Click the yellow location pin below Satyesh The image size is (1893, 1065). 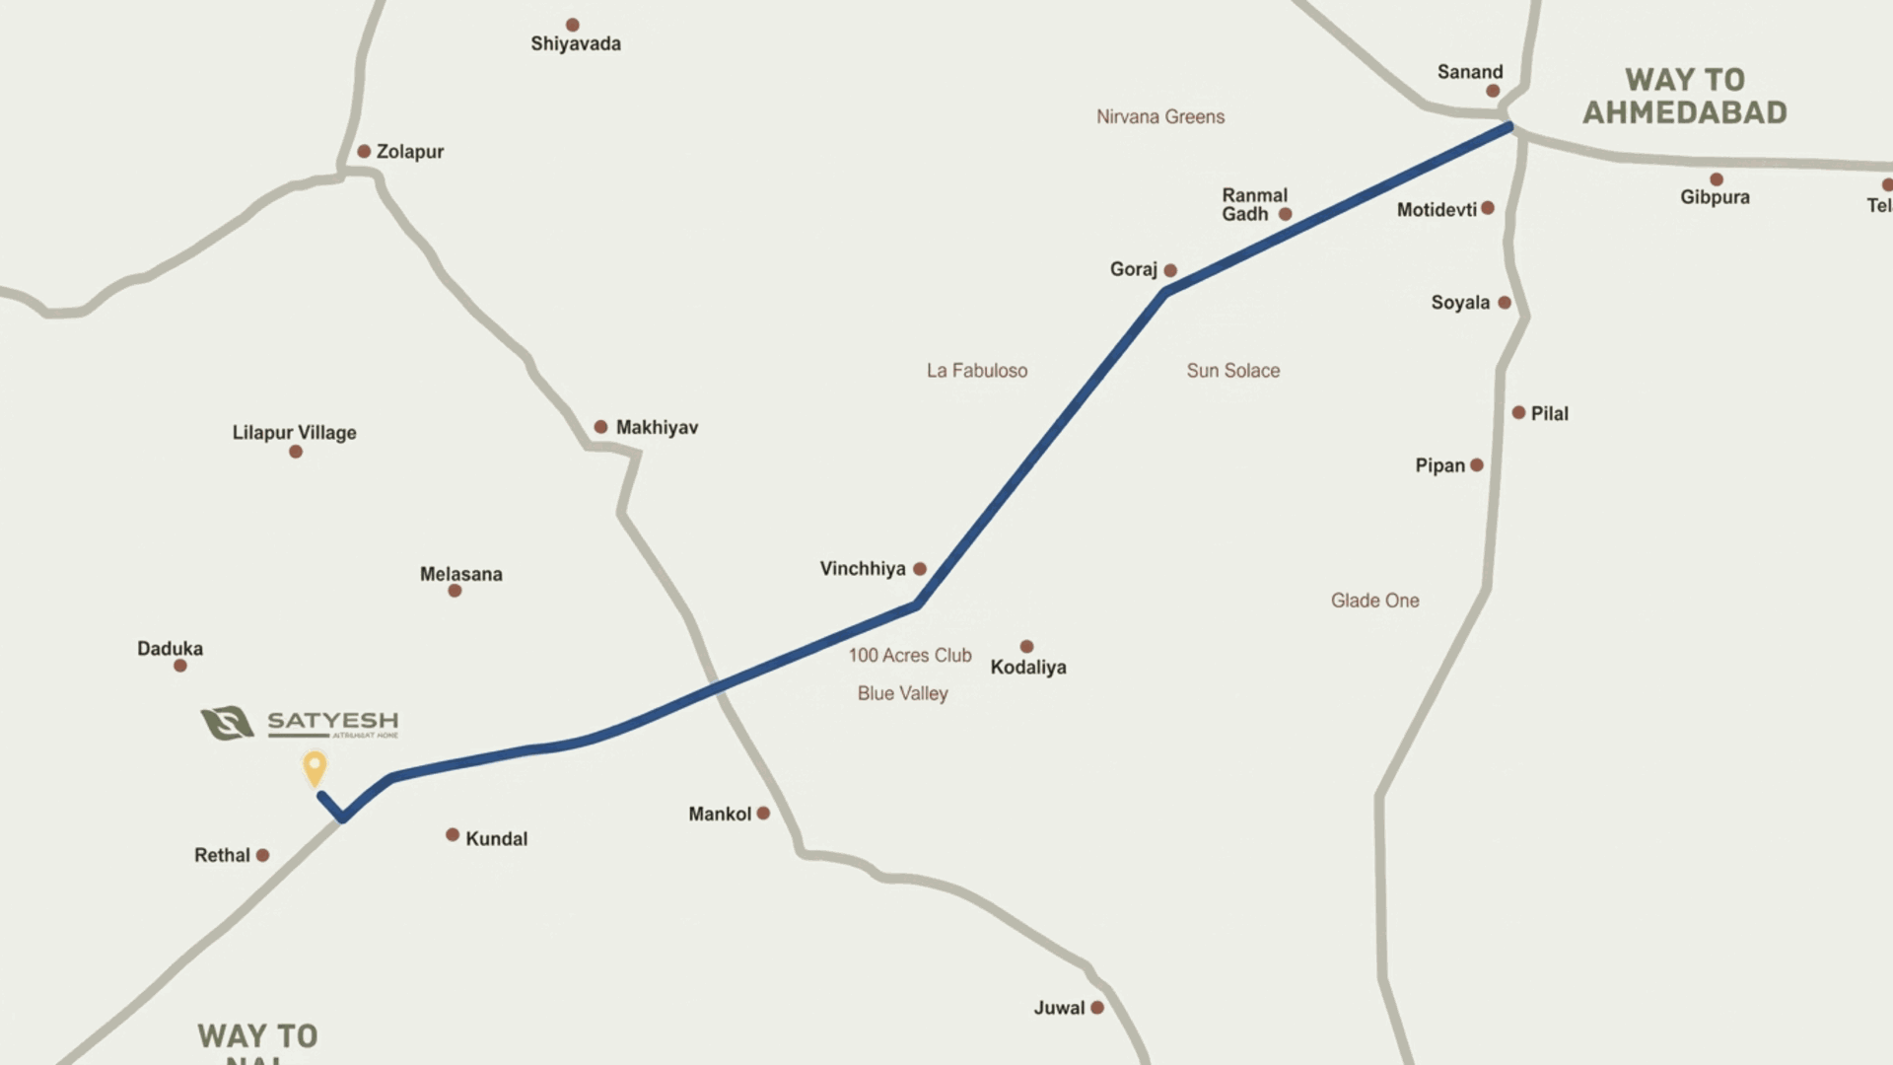point(315,767)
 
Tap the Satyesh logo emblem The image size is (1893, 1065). point(228,723)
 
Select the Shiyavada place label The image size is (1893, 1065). point(576,43)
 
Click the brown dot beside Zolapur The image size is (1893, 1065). point(364,151)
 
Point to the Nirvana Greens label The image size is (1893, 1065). point(1160,116)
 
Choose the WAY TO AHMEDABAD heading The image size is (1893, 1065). point(1685,96)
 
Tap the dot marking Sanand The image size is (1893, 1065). point(1493,91)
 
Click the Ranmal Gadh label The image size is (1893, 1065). point(1254,204)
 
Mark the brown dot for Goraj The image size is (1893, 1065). point(1170,270)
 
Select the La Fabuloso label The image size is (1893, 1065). point(977,371)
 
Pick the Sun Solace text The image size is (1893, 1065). point(1233,371)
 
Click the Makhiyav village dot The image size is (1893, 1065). point(600,427)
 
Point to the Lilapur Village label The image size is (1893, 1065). point(294,432)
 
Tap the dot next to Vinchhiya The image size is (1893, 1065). point(920,569)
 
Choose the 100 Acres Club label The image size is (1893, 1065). point(910,655)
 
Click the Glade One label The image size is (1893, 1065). point(1375,601)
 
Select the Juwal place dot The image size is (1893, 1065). point(1097,1007)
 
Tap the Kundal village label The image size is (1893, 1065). point(496,839)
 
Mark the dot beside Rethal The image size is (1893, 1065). point(262,855)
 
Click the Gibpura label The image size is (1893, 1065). point(1715,197)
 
